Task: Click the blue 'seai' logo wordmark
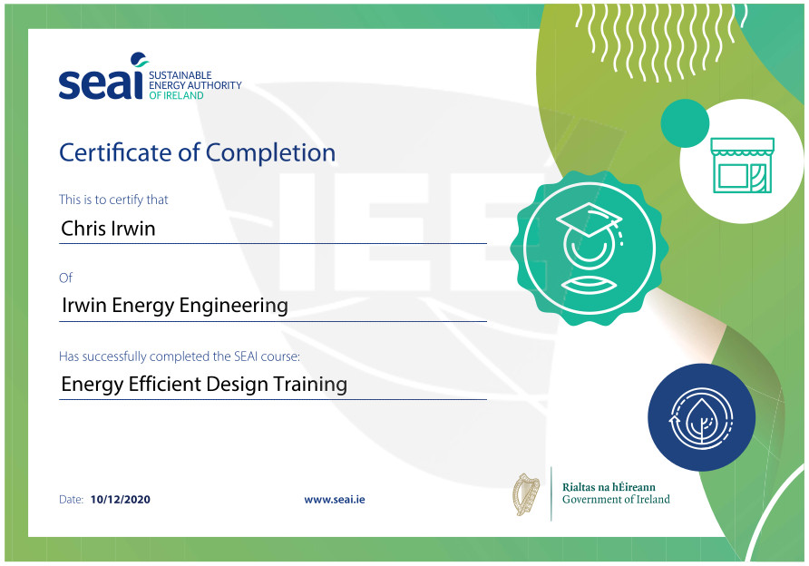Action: tap(101, 77)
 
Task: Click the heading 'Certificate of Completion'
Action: tap(197, 153)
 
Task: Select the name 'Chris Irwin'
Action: tap(108, 228)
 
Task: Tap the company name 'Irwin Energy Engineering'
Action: tap(174, 306)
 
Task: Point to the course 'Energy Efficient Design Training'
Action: tap(204, 385)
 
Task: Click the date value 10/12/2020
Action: tap(121, 500)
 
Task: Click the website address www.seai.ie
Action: tap(335, 500)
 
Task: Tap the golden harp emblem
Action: tap(526, 493)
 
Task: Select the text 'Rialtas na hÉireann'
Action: tap(609, 487)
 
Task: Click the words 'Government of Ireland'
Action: tap(616, 500)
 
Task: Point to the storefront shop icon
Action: tap(742, 165)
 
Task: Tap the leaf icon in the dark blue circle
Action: tap(701, 418)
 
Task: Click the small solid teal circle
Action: tap(685, 123)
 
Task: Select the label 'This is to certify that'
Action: tap(113, 200)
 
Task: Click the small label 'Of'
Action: tap(65, 278)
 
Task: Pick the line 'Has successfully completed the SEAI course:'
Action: tap(179, 356)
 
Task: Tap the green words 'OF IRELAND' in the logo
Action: tap(176, 95)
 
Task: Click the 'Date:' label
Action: tap(72, 500)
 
